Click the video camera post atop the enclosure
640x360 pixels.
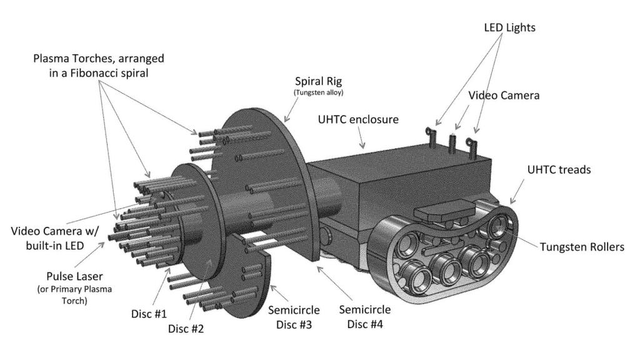[452, 143]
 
